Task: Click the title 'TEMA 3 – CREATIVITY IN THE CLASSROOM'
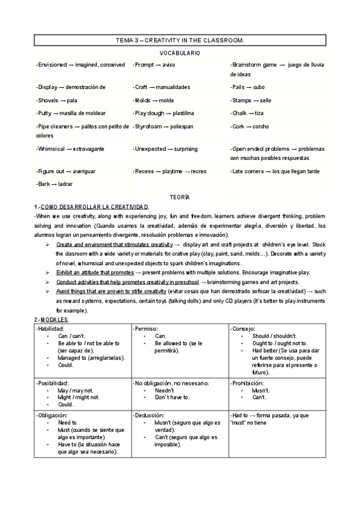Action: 180,40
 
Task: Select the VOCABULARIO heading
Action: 180,53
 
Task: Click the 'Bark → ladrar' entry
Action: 55,184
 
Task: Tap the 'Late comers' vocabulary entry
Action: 276,171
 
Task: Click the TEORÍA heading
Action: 180,197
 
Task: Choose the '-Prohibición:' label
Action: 248,382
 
